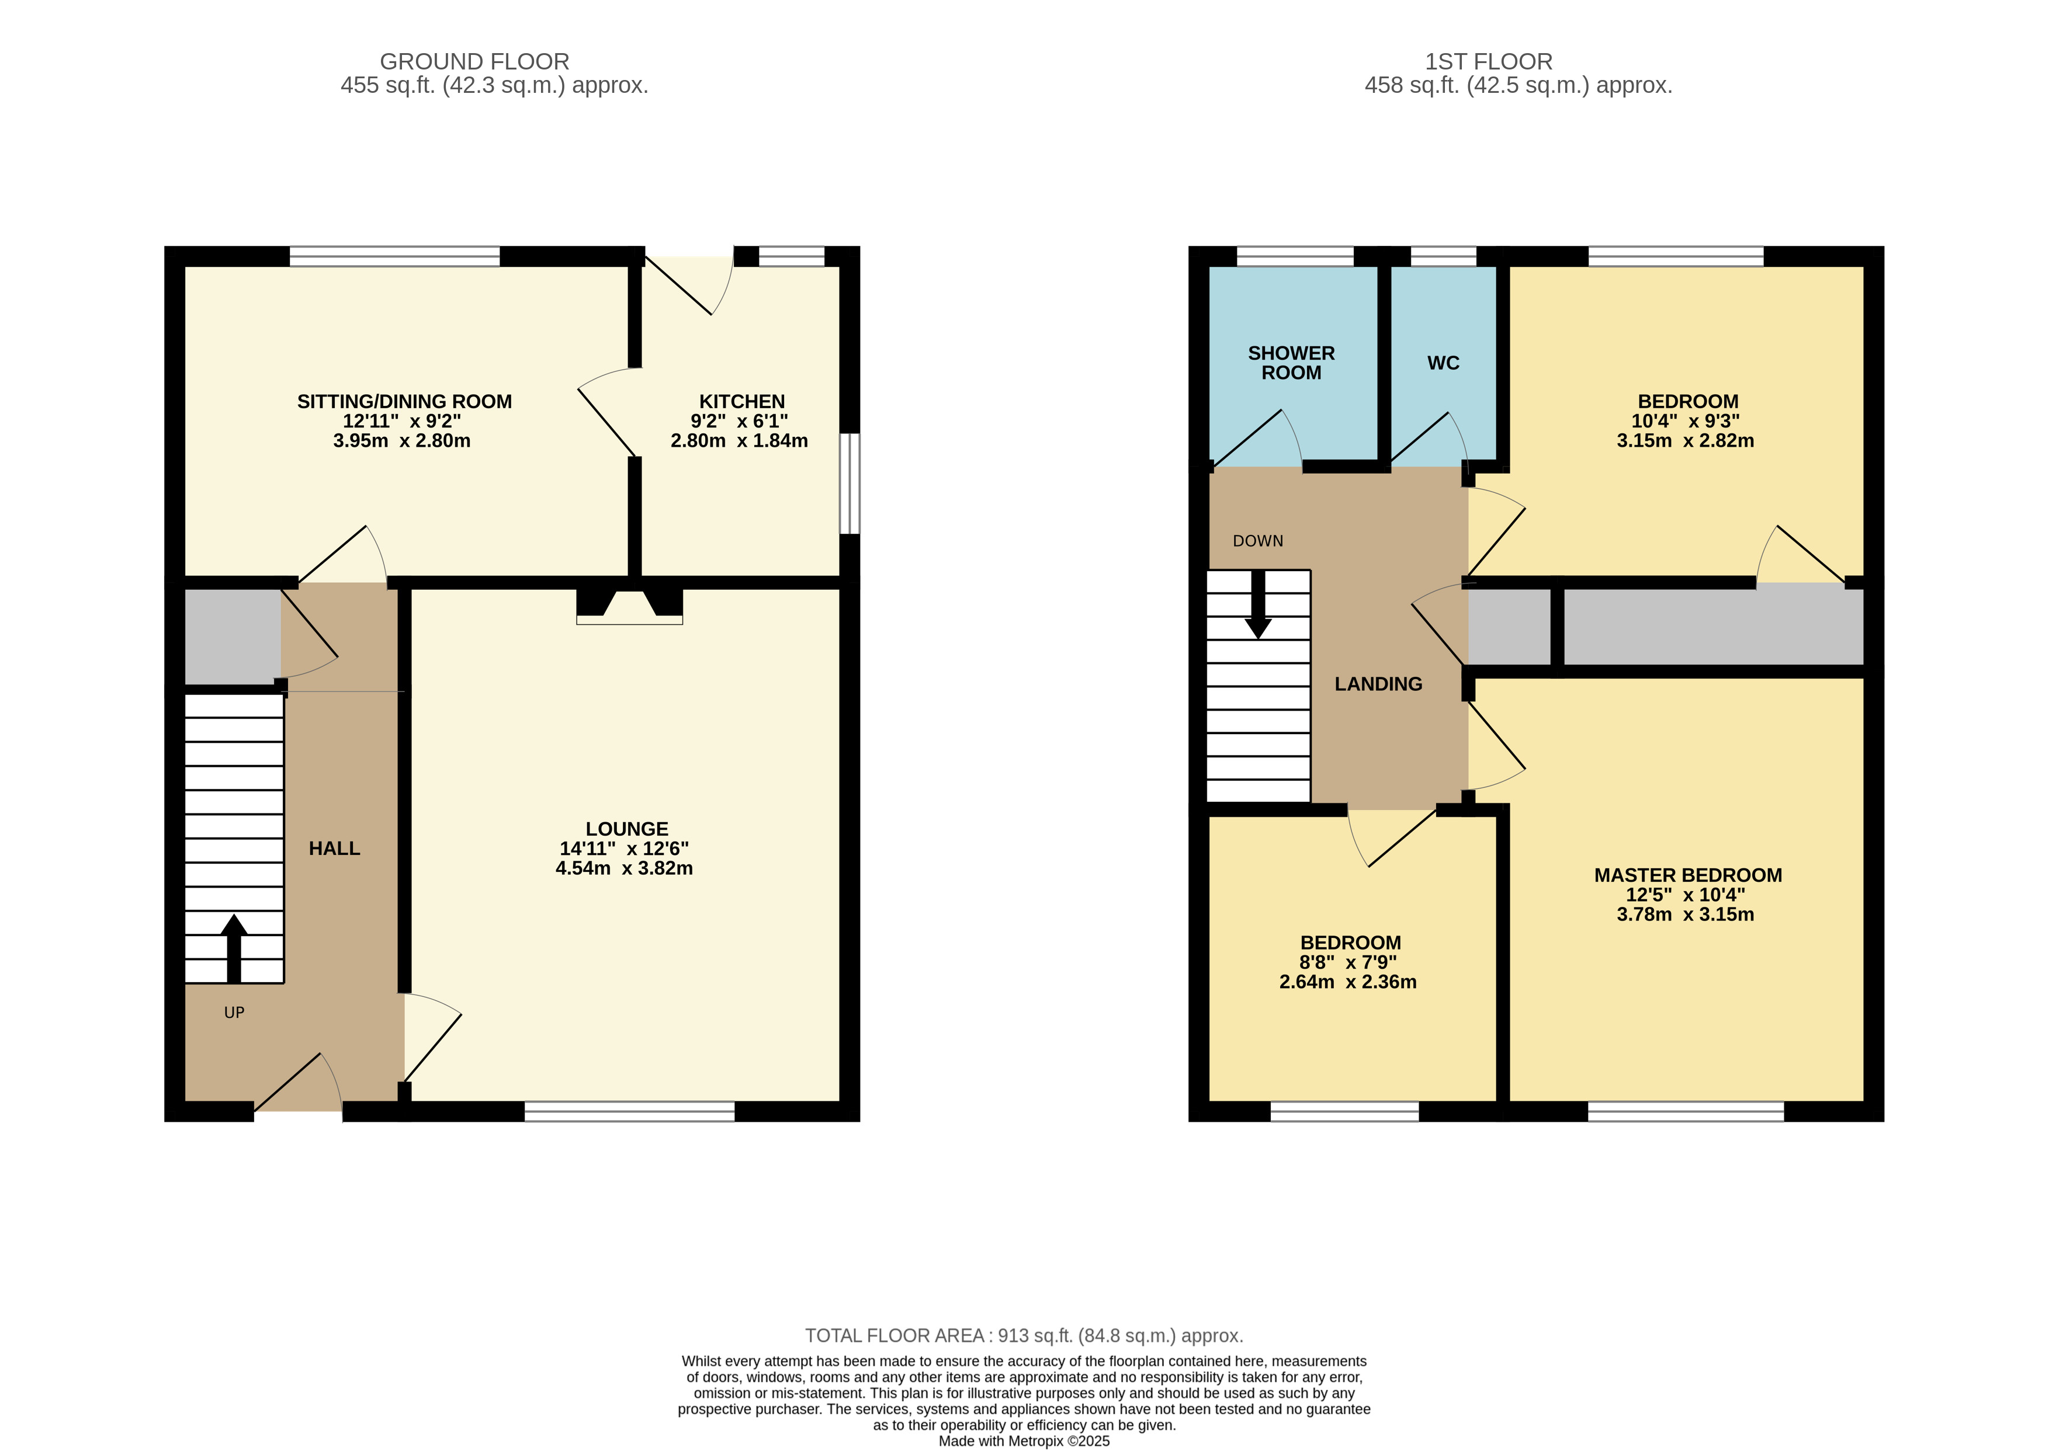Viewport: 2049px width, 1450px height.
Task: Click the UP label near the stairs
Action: click(x=234, y=1013)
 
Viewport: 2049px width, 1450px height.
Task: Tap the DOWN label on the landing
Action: click(x=1258, y=541)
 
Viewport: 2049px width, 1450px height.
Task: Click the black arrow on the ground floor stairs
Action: click(x=234, y=948)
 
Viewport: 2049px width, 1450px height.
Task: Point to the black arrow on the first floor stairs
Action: click(x=1258, y=604)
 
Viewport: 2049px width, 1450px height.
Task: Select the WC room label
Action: click(x=1443, y=363)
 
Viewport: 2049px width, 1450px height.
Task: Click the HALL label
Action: click(x=335, y=849)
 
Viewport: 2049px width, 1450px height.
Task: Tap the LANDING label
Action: click(x=1378, y=684)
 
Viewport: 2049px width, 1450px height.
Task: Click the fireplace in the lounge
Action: click(x=630, y=606)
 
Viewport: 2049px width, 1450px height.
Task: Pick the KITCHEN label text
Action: click(x=742, y=402)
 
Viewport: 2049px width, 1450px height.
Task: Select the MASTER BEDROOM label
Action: click(x=1688, y=876)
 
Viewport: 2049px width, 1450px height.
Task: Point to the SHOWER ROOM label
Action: click(x=1292, y=363)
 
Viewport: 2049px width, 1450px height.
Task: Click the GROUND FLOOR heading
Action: click(x=474, y=61)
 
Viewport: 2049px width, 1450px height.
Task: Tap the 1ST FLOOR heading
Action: click(x=1489, y=61)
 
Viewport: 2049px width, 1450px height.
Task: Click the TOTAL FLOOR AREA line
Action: click(x=1025, y=1336)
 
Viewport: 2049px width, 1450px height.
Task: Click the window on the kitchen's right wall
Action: click(x=850, y=484)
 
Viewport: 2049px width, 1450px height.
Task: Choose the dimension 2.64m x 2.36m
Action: click(x=1348, y=982)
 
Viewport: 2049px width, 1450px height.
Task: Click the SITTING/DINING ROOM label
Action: click(x=405, y=402)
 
